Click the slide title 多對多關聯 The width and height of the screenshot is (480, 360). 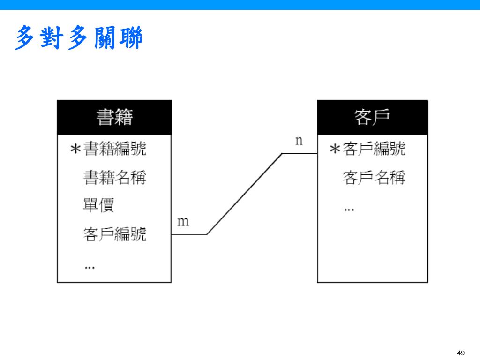click(79, 38)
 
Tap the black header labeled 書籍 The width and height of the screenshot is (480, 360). click(114, 117)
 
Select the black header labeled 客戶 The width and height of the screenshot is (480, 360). click(372, 117)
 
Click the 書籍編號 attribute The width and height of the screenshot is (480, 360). click(115, 149)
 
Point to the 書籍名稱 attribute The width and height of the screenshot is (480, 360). click(115, 177)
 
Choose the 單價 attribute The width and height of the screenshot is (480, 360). click(98, 205)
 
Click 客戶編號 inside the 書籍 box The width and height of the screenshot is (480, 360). click(115, 233)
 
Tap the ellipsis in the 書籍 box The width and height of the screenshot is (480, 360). click(90, 267)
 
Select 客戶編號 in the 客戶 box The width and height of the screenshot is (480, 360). click(374, 149)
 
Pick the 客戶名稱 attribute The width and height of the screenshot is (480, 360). click(374, 177)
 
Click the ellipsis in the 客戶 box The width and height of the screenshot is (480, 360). click(349, 209)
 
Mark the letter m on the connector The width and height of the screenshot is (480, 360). click(183, 221)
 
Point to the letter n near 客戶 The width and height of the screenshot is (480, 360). click(299, 140)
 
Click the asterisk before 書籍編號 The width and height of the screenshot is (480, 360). click(75, 150)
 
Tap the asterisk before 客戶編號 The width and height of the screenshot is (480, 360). click(335, 150)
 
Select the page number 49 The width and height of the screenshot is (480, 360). click(460, 353)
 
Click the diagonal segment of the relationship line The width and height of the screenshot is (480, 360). click(244, 194)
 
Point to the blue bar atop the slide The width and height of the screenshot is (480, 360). click(240, 5)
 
